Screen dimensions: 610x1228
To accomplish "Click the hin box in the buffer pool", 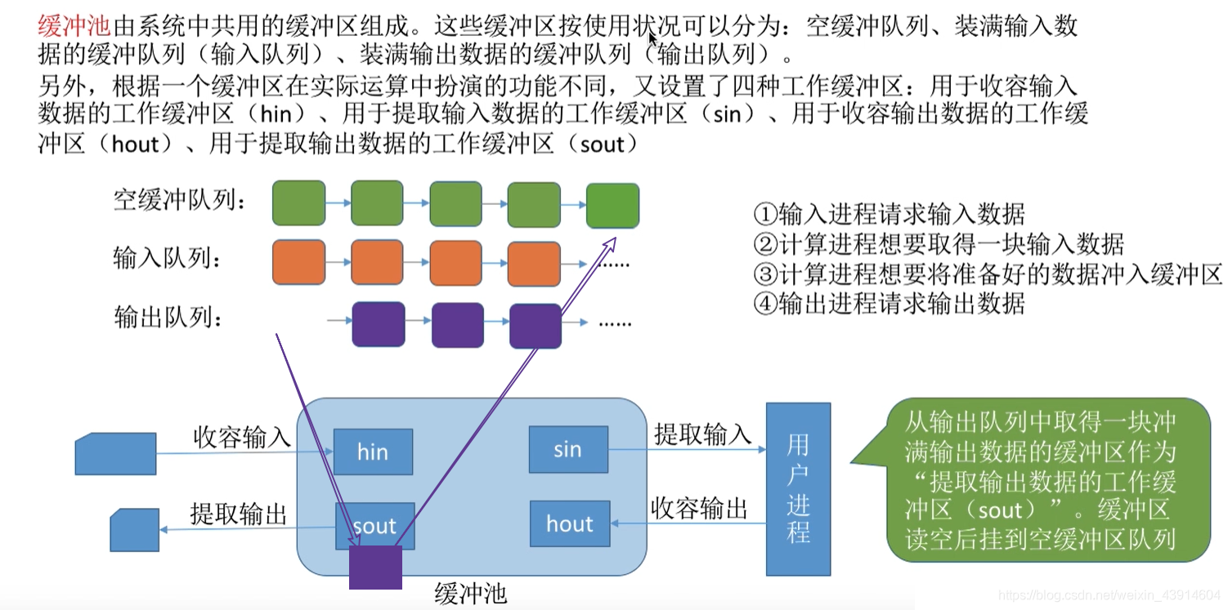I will (x=373, y=452).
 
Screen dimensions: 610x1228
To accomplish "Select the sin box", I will (x=567, y=449).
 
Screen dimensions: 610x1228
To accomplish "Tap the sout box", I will (x=374, y=525).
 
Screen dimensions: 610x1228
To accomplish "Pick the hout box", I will (x=569, y=523).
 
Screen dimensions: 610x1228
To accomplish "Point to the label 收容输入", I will (x=241, y=437).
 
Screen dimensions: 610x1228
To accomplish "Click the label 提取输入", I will (x=702, y=434).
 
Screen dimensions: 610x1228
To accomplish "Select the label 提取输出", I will (x=239, y=514).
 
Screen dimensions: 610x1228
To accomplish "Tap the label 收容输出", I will (x=699, y=509).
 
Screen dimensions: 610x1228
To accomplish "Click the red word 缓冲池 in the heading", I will (x=74, y=27).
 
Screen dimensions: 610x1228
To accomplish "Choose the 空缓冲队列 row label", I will (x=179, y=200).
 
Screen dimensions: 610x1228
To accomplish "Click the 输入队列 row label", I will (x=168, y=260).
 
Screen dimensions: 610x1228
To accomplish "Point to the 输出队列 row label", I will (x=168, y=318).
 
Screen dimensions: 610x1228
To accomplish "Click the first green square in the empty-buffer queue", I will (x=298, y=203).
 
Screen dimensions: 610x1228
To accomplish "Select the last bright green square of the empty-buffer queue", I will (x=612, y=206).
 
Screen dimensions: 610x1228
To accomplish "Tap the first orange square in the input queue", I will (x=298, y=261).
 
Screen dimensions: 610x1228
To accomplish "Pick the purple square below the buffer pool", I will (x=375, y=568).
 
